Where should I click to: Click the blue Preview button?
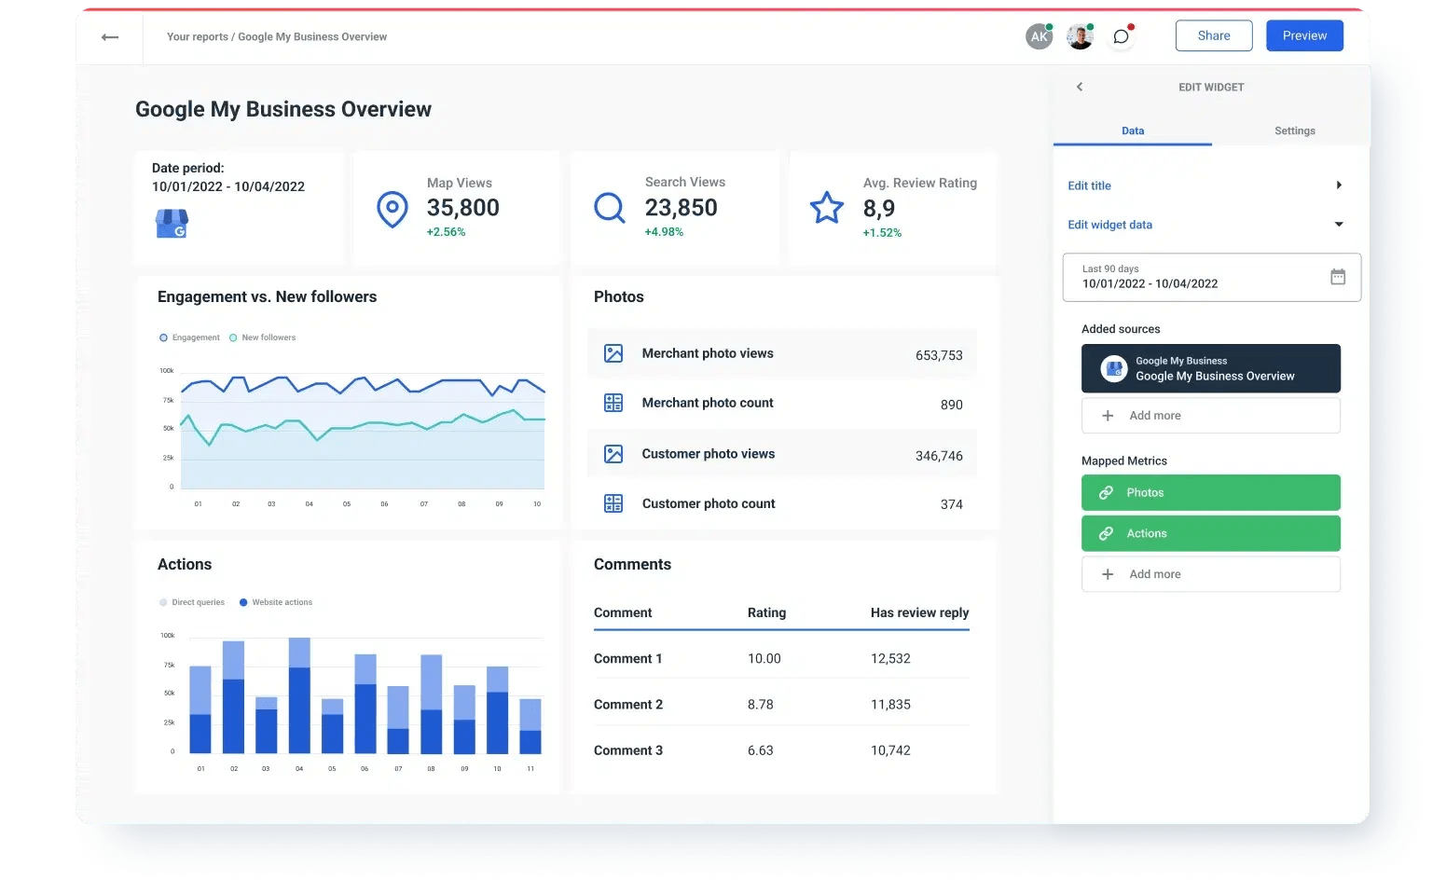pos(1303,35)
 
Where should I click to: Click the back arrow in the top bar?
pos(110,37)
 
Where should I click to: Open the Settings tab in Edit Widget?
pos(1294,131)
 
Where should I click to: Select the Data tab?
pos(1132,131)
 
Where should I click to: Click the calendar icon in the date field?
pos(1337,277)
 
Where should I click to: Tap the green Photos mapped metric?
pos(1210,492)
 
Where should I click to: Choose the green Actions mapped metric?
pos(1210,533)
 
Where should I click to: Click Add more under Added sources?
pos(1210,416)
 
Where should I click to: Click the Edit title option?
pos(1089,186)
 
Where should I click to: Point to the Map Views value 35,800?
pos(462,208)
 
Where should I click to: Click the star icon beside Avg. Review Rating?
pos(826,207)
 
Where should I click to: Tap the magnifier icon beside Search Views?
pos(609,207)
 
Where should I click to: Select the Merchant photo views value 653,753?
pos(938,355)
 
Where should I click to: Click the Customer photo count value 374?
pos(951,504)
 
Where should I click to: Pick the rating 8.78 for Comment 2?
pos(760,705)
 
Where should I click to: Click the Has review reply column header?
pos(919,612)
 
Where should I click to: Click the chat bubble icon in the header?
pos(1121,36)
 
